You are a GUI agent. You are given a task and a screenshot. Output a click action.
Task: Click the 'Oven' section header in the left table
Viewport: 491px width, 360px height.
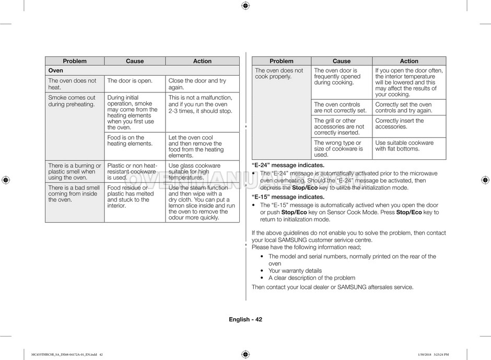click(56, 71)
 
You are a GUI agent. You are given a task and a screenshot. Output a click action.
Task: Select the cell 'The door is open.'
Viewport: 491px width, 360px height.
click(130, 81)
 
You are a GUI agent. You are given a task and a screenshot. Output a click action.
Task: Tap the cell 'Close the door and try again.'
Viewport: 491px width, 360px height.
click(197, 84)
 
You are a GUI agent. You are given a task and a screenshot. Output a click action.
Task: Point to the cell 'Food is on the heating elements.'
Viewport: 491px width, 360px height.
click(130, 141)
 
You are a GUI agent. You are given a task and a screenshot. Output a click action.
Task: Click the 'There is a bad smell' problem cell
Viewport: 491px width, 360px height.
click(74, 193)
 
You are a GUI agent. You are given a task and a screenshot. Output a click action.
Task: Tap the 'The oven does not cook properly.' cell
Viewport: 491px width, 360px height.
click(279, 74)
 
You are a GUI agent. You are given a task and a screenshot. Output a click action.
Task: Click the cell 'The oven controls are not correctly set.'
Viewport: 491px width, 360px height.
click(340, 108)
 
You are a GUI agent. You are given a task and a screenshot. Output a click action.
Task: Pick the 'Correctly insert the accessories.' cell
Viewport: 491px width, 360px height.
click(400, 124)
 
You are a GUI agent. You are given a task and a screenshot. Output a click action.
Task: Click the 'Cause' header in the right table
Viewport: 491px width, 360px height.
click(342, 61)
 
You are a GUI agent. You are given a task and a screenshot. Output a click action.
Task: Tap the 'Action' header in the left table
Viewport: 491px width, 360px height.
click(202, 61)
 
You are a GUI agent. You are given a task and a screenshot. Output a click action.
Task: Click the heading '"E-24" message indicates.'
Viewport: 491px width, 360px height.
click(288, 165)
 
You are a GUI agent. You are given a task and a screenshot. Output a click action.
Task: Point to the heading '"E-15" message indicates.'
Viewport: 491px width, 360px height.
click(288, 197)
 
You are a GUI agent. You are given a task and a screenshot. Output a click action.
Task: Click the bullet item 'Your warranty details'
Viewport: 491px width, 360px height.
click(295, 271)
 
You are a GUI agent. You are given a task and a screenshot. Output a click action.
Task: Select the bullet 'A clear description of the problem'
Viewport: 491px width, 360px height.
click(312, 278)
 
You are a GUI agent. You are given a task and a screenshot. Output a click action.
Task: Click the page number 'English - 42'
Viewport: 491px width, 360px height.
click(245, 319)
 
